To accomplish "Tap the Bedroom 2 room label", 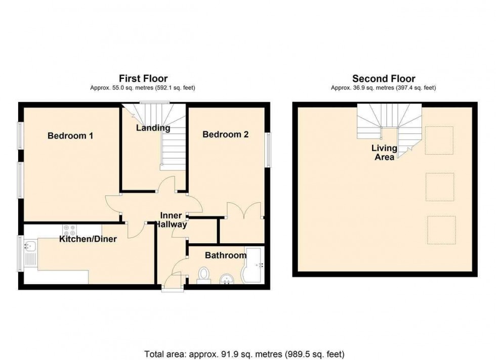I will (225, 134).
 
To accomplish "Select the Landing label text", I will (153, 128).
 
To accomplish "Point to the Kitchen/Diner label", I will (88, 239).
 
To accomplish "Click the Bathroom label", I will (225, 255).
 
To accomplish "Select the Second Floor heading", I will (383, 78).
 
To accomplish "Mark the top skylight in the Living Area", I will (438, 140).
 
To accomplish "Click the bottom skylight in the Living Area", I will (441, 230).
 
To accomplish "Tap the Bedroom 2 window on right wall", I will (267, 149).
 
